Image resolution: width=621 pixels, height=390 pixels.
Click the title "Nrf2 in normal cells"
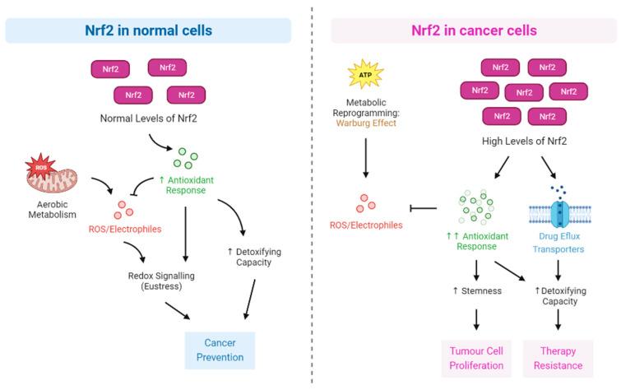(x=149, y=30)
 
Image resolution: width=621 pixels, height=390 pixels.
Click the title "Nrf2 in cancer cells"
(x=474, y=30)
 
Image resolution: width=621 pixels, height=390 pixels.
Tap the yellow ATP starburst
(x=365, y=74)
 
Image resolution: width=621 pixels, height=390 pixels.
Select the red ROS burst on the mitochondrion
(x=41, y=167)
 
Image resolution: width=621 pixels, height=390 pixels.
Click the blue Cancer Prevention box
(x=220, y=351)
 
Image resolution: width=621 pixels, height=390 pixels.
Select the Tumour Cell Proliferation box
(x=476, y=358)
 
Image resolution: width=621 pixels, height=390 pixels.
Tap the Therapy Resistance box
(x=558, y=358)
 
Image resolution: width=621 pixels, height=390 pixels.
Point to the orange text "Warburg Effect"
(x=366, y=123)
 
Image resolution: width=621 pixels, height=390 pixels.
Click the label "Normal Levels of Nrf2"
(x=149, y=118)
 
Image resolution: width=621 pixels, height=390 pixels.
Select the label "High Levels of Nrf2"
(x=524, y=141)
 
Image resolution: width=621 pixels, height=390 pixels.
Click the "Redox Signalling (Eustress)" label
(x=161, y=281)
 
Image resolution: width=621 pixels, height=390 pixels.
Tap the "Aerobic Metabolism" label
(x=53, y=210)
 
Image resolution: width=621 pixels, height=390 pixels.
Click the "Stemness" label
(x=477, y=291)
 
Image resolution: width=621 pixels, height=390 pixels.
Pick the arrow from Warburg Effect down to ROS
(x=365, y=158)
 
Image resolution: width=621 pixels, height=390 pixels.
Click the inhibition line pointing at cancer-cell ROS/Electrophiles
(x=423, y=208)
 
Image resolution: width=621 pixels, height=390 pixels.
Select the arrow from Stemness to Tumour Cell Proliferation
(x=476, y=319)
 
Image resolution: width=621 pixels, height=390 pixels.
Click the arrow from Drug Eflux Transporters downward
(x=558, y=271)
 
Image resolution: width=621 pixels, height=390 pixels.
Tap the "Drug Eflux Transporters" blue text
(x=558, y=243)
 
